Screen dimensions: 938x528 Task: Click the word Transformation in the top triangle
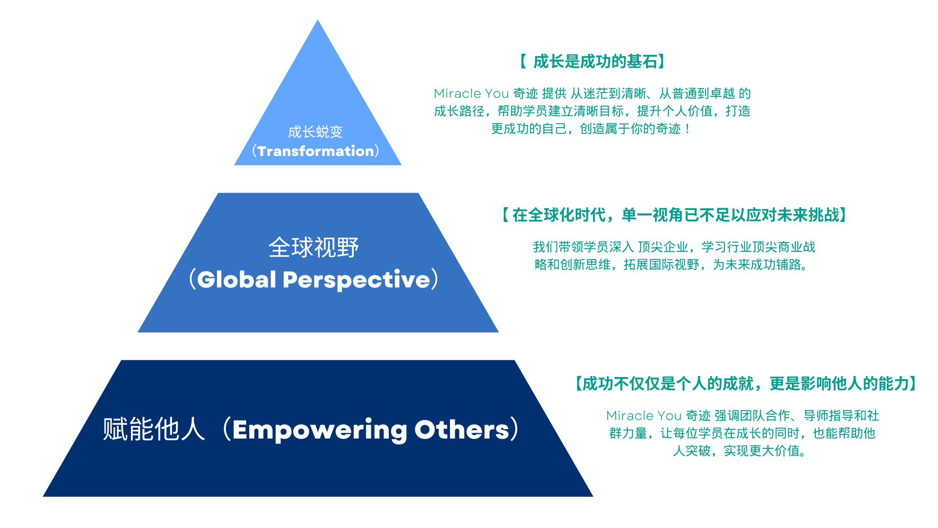point(316,151)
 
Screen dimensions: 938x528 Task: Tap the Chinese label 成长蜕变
point(316,132)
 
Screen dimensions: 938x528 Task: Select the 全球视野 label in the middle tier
point(314,247)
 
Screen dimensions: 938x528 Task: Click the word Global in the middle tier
point(237,280)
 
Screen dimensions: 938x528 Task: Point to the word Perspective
point(357,280)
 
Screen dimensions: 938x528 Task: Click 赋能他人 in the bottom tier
point(154,429)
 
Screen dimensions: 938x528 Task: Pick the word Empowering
point(320,431)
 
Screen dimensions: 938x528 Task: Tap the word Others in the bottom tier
point(462,430)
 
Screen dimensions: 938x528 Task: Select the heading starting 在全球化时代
point(676,215)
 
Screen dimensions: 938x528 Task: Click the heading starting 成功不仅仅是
point(746,384)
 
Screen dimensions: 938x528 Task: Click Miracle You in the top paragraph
point(471,93)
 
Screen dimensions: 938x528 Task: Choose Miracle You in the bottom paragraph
point(644,416)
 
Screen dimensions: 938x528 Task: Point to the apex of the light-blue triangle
point(318,20)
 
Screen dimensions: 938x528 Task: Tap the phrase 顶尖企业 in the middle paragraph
point(663,247)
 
